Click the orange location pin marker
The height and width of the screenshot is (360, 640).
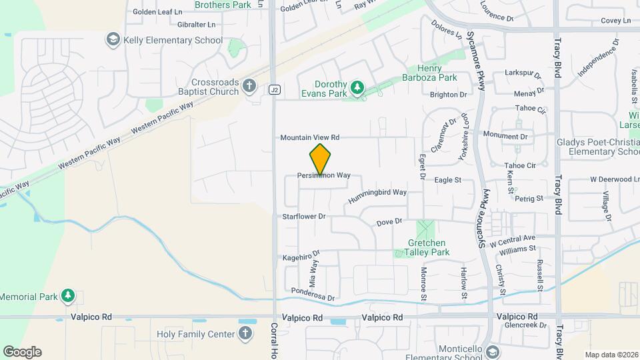pyautogui.click(x=321, y=159)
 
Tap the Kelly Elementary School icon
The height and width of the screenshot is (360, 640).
pyautogui.click(x=113, y=40)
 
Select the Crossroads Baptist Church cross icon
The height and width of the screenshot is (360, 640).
pyautogui.click(x=249, y=86)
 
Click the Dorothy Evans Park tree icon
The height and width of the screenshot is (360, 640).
pyautogui.click(x=357, y=87)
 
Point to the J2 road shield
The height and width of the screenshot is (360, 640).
pyautogui.click(x=274, y=89)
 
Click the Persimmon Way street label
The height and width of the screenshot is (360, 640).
pyautogui.click(x=324, y=175)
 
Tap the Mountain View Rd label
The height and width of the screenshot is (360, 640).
pyautogui.click(x=309, y=137)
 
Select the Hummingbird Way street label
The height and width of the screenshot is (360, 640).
pyautogui.click(x=377, y=193)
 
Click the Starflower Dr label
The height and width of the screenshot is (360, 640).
pyautogui.click(x=303, y=216)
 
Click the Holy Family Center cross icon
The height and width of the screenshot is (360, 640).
pyautogui.click(x=245, y=333)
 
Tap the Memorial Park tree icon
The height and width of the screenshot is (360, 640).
pyautogui.click(x=67, y=295)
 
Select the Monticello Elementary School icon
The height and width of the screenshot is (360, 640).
pyautogui.click(x=493, y=351)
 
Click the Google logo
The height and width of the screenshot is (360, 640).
pyautogui.click(x=22, y=352)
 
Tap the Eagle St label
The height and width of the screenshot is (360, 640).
pyautogui.click(x=448, y=180)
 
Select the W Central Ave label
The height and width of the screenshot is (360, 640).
pyautogui.click(x=513, y=238)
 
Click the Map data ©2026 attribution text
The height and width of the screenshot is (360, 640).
pyautogui.click(x=611, y=355)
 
